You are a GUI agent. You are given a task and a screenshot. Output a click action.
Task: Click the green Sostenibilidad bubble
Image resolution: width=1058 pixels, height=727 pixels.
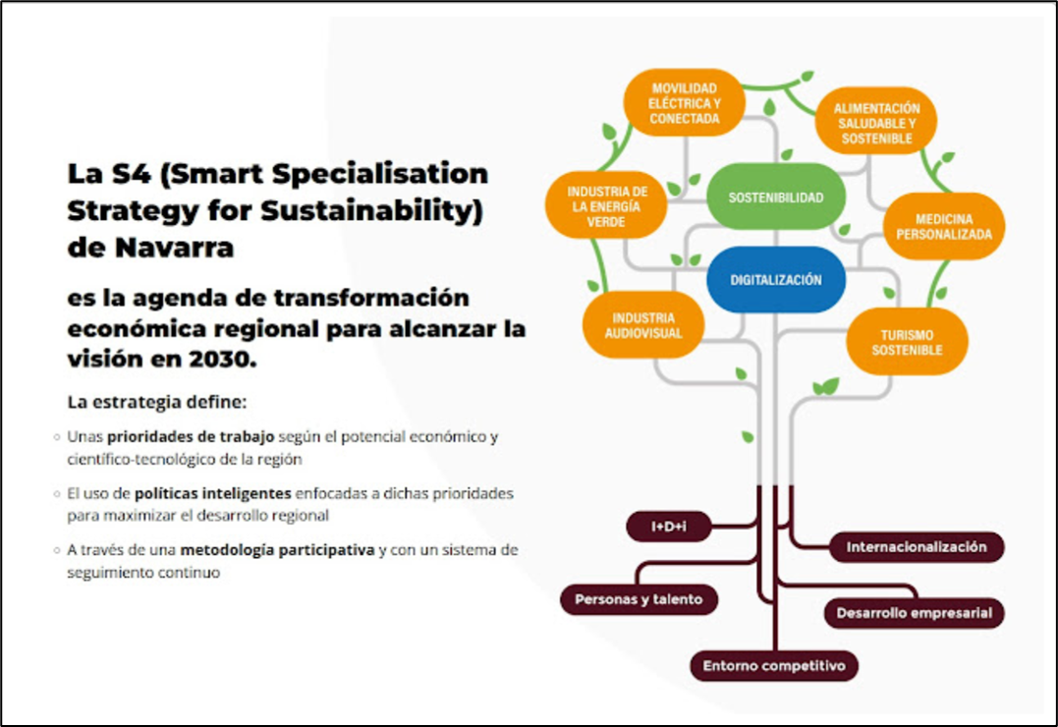pyautogui.click(x=776, y=197)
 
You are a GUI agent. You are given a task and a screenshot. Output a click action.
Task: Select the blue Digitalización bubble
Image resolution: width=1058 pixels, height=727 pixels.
pyautogui.click(x=776, y=279)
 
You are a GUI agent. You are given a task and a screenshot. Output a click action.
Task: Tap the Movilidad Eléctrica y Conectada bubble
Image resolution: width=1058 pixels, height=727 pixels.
pyautogui.click(x=684, y=103)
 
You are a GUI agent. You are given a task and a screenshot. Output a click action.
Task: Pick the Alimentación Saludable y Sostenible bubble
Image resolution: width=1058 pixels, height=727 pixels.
pyautogui.click(x=876, y=123)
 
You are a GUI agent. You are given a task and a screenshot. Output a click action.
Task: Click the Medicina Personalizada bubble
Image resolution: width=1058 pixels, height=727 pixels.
pyautogui.click(x=943, y=227)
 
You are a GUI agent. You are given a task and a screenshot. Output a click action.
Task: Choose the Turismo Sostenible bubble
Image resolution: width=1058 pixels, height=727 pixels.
pyautogui.click(x=906, y=342)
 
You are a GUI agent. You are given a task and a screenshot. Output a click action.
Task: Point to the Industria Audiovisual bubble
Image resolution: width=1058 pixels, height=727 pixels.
pyautogui.click(x=643, y=325)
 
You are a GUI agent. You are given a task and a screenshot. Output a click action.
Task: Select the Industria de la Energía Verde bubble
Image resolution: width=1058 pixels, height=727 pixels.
pyautogui.click(x=606, y=206)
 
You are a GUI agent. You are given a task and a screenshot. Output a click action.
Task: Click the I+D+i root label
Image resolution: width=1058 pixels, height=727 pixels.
pyautogui.click(x=669, y=527)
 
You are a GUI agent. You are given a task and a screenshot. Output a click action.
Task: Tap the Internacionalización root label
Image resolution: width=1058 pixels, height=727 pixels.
pyautogui.click(x=917, y=547)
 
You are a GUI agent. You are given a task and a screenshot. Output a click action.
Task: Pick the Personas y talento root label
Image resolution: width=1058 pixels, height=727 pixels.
pyautogui.click(x=639, y=599)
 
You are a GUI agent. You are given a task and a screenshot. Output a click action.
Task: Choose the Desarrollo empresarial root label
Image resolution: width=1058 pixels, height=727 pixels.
pyautogui.click(x=915, y=613)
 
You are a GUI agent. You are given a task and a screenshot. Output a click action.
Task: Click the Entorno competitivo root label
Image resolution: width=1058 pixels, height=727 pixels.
pyautogui.click(x=774, y=666)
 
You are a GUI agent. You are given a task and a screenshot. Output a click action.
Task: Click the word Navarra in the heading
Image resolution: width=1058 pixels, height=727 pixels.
pyautogui.click(x=174, y=248)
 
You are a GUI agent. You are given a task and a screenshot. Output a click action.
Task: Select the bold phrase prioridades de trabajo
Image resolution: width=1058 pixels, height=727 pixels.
pyautogui.click(x=191, y=437)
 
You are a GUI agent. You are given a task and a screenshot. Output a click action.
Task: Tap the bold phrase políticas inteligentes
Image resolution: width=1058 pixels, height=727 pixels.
pyautogui.click(x=212, y=493)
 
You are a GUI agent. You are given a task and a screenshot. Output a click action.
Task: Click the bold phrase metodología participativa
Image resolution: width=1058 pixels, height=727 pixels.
pyautogui.click(x=277, y=550)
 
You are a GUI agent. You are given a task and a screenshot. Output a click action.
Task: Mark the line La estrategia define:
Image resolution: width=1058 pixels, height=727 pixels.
pyautogui.click(x=157, y=403)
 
